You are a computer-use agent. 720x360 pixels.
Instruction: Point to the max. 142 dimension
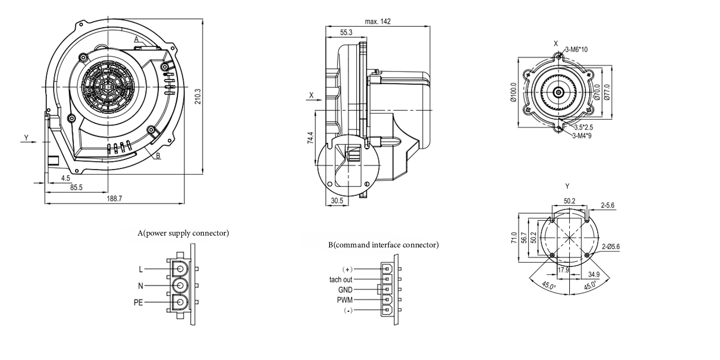tap(378, 22)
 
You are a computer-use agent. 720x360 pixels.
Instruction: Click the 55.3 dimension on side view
tap(346, 32)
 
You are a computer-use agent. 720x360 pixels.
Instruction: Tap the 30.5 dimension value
tap(337, 201)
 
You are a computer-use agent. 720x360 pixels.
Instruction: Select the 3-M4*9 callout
tap(582, 135)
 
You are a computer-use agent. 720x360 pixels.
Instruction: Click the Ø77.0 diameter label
tap(606, 93)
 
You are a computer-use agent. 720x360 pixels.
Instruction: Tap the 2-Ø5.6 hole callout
tap(610, 246)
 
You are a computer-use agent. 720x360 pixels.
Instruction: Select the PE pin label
tap(138, 303)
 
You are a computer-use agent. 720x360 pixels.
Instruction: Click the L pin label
tap(140, 269)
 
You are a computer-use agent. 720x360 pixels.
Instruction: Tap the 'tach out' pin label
tap(341, 280)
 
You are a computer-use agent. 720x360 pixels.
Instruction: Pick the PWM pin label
tap(344, 299)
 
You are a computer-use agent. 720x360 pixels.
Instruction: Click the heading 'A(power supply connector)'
tap(183, 233)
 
